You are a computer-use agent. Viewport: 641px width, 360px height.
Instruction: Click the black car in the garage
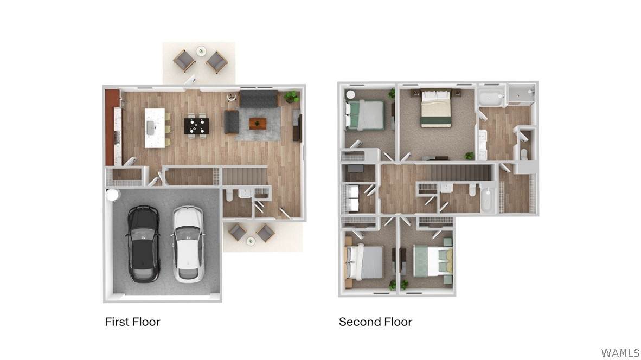click(143, 244)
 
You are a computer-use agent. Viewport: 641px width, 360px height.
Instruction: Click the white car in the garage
click(188, 244)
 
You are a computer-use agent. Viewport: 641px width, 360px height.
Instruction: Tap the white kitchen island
click(155, 127)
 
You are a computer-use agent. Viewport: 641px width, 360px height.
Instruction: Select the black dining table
click(196, 126)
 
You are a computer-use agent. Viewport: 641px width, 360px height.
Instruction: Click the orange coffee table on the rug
click(258, 124)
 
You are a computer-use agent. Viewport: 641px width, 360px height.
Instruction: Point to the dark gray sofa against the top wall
click(259, 99)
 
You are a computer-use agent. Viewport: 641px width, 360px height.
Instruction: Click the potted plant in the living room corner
click(292, 97)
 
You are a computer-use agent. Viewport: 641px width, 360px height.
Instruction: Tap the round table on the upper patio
click(201, 52)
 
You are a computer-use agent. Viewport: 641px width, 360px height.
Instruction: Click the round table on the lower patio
click(251, 241)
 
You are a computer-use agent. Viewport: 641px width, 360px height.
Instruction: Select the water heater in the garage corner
click(112, 195)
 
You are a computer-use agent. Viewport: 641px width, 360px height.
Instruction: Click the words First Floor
click(132, 322)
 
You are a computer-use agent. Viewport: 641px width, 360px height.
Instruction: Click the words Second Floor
click(375, 322)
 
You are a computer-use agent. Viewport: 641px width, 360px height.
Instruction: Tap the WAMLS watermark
click(620, 352)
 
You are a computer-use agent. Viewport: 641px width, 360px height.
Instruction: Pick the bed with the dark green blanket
click(436, 108)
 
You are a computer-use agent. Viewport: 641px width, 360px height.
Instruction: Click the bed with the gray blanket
click(364, 262)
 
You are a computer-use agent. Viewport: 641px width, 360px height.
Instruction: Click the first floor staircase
click(245, 176)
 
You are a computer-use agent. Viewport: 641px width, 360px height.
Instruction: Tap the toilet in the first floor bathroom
click(229, 195)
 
